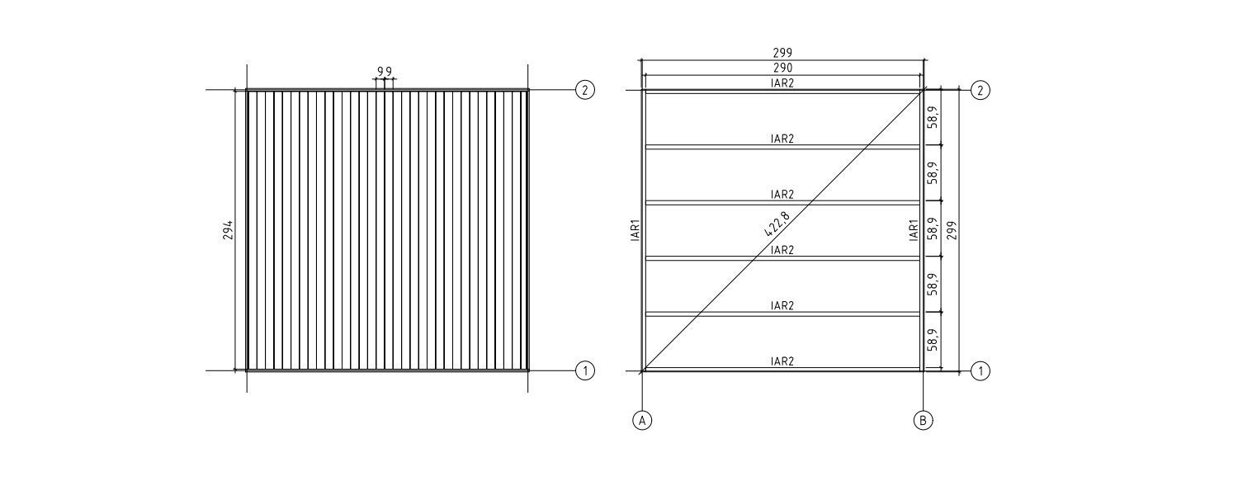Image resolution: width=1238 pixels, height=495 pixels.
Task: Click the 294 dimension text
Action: coord(228,230)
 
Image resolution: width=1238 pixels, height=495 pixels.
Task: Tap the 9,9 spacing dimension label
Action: coord(385,71)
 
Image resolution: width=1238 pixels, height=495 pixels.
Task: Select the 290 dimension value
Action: coord(782,68)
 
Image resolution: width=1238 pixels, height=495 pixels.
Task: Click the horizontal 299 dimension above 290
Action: coord(782,53)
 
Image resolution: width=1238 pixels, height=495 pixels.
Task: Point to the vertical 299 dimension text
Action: coord(951,230)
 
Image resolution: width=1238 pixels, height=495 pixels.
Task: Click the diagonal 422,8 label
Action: coord(777,224)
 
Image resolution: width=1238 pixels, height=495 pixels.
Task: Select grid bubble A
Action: coord(642,421)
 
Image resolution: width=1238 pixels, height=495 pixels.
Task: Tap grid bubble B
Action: coord(923,421)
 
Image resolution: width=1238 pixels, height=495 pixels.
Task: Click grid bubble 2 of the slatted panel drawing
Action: coord(584,89)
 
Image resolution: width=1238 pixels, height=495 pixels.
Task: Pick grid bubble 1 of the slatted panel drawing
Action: coord(584,370)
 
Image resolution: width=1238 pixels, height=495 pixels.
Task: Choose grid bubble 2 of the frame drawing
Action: coord(980,90)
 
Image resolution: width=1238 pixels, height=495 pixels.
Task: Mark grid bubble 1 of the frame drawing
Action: coord(980,370)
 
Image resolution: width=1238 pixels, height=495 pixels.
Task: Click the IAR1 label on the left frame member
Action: coord(636,230)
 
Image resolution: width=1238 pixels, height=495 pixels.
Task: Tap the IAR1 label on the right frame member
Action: coord(914,230)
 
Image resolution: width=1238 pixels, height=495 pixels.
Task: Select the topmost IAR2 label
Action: coord(782,82)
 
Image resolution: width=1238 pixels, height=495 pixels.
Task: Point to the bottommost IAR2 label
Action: coord(782,361)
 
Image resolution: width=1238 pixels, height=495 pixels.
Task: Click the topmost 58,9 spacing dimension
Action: coord(933,117)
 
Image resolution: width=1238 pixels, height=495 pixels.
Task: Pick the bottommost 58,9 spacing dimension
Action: coord(933,340)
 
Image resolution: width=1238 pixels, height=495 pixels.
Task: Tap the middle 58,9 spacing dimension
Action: coord(933,229)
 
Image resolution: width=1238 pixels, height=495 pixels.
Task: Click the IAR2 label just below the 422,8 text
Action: coord(782,250)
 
